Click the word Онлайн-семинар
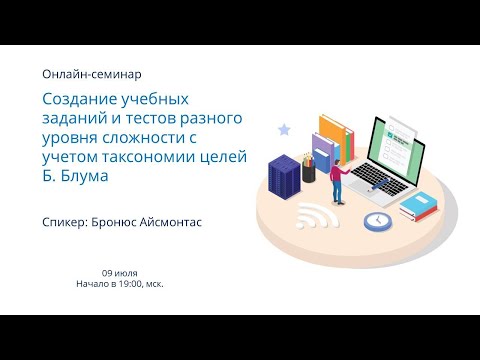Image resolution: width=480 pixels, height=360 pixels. tap(92, 74)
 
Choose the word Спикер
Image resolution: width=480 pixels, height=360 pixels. tap(69, 221)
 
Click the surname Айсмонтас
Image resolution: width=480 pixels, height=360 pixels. tap(165, 221)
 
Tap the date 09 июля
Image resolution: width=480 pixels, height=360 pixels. tap(119, 273)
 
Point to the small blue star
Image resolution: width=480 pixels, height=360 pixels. tap(284, 129)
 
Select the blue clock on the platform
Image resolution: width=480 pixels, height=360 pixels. tap(377, 219)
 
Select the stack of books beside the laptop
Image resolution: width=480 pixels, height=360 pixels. tap(419, 205)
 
